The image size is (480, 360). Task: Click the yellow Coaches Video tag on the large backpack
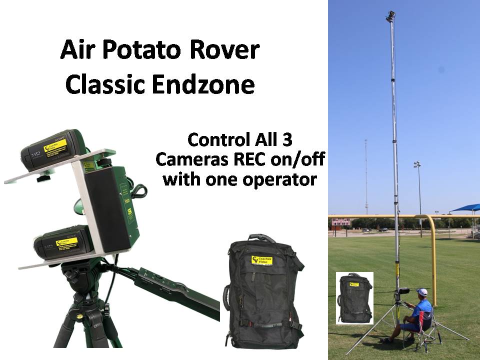[x=262, y=261]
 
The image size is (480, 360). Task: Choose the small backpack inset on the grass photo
[x=354, y=298]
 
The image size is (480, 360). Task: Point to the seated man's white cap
[x=422, y=292]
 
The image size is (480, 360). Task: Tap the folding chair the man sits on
[x=425, y=325]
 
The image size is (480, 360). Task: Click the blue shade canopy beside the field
[x=465, y=208]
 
